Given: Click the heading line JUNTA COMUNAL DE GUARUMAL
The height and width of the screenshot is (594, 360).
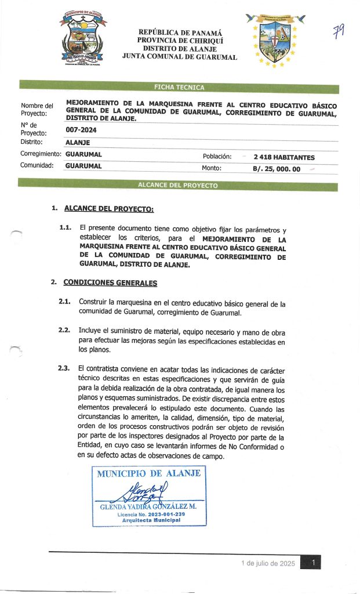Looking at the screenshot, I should pyautogui.click(x=180, y=57).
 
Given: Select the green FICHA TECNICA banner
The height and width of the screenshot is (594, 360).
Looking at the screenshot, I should pyautogui.click(x=179, y=88).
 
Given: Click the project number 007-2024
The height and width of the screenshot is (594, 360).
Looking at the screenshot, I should pyautogui.click(x=81, y=131).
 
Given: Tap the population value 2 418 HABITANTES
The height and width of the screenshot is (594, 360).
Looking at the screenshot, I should pyautogui.click(x=280, y=157).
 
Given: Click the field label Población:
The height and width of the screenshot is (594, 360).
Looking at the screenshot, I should pyautogui.click(x=217, y=157).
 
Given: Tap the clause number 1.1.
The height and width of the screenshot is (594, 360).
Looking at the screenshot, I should pyautogui.click(x=66, y=227).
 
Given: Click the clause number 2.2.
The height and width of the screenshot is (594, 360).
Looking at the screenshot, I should pyautogui.click(x=64, y=330).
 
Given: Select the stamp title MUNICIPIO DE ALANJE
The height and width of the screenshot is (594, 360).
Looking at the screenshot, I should pyautogui.click(x=148, y=473).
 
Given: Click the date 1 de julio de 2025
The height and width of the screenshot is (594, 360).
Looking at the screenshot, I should pyautogui.click(x=268, y=563).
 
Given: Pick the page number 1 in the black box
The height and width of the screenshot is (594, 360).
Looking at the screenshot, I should pyautogui.click(x=313, y=563).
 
